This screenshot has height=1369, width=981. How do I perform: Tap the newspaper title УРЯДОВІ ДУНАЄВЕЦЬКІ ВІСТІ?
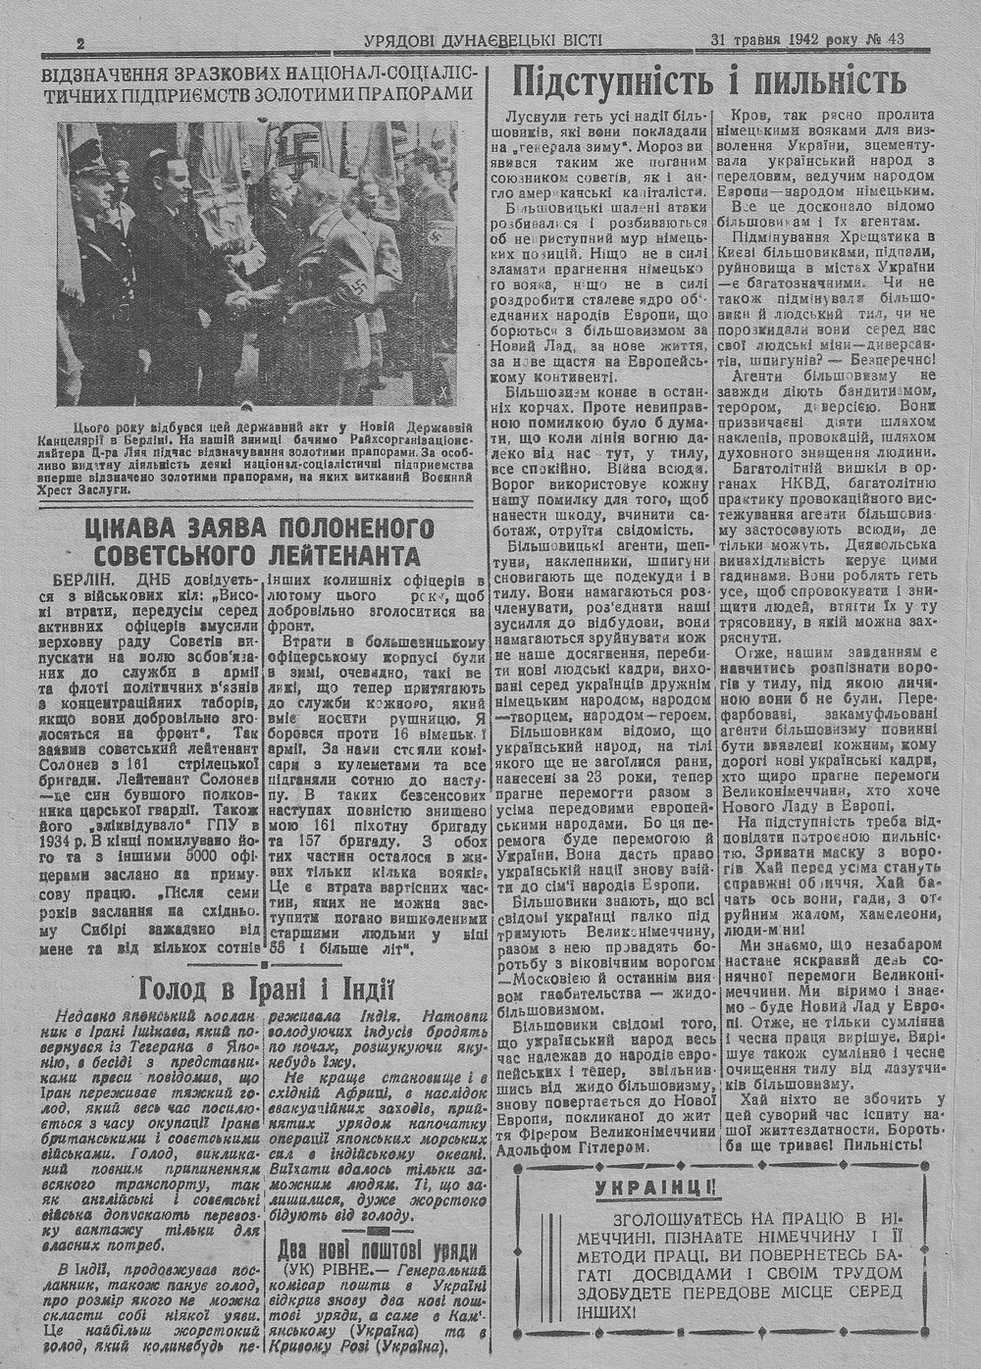tap(483, 41)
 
